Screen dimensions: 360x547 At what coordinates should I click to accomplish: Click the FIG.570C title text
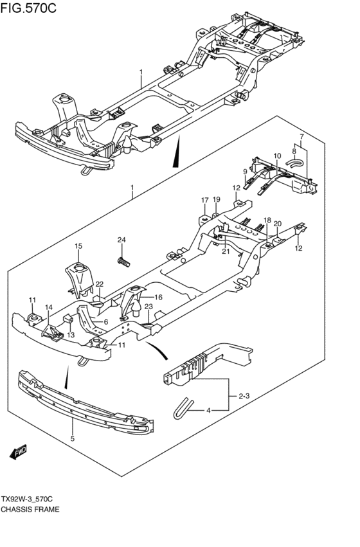pos(28,7)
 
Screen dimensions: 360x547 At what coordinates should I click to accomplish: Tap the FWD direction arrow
pos(18,453)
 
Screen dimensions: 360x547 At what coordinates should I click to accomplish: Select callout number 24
pos(122,240)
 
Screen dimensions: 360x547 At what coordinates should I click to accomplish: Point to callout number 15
pos(78,246)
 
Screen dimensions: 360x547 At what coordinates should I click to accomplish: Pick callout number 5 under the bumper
pos(72,438)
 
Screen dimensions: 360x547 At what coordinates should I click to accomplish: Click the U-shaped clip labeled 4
pos(183,407)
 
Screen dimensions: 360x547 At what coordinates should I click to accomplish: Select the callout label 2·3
pos(244,396)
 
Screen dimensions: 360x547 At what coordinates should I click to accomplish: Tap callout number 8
pos(294,151)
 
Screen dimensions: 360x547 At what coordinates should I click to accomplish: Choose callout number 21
pos(226,251)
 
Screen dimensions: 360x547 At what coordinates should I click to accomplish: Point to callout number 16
pos(159,297)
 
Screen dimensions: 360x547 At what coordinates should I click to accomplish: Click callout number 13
pos(71,335)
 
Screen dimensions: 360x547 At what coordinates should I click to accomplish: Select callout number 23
pos(148,307)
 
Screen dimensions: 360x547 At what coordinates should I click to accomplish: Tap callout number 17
pos(204,201)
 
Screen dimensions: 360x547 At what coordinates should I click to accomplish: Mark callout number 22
pos(100,284)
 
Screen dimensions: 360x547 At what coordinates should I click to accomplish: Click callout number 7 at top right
pos(301,136)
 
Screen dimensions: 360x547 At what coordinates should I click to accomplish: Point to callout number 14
pos(48,307)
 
